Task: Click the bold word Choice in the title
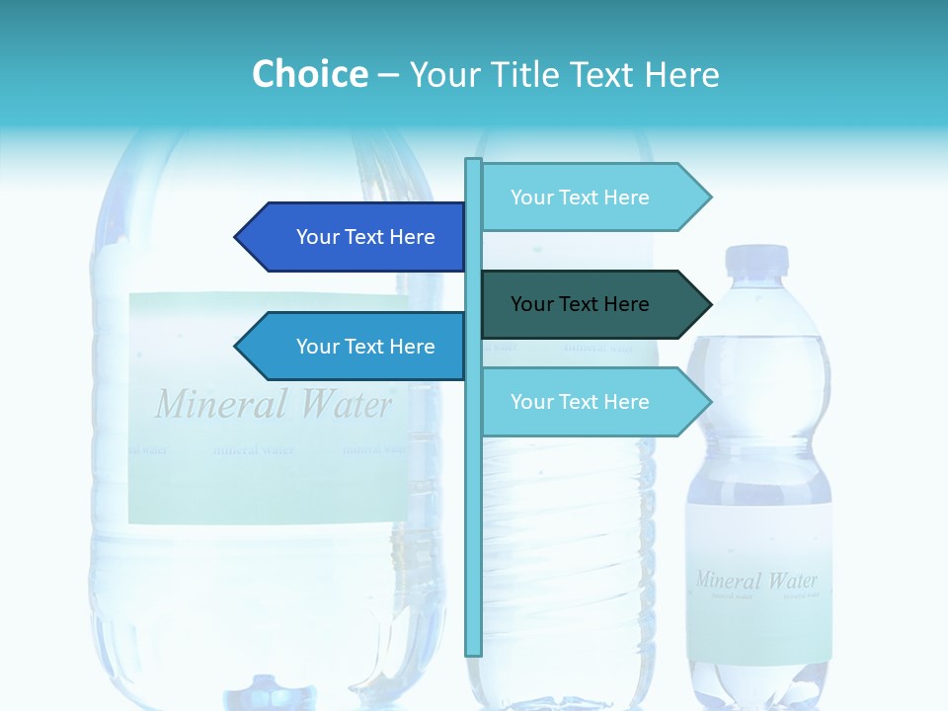309,75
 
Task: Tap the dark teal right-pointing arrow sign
592,304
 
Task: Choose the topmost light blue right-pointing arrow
592,197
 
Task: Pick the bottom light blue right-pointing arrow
592,402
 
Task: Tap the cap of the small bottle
757,260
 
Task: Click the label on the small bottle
758,583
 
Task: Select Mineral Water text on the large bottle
274,405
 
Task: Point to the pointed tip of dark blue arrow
238,237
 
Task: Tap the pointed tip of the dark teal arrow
708,304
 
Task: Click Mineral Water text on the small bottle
756,580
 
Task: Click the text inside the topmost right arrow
580,197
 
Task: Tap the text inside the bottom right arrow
580,402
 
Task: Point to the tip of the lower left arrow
238,347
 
